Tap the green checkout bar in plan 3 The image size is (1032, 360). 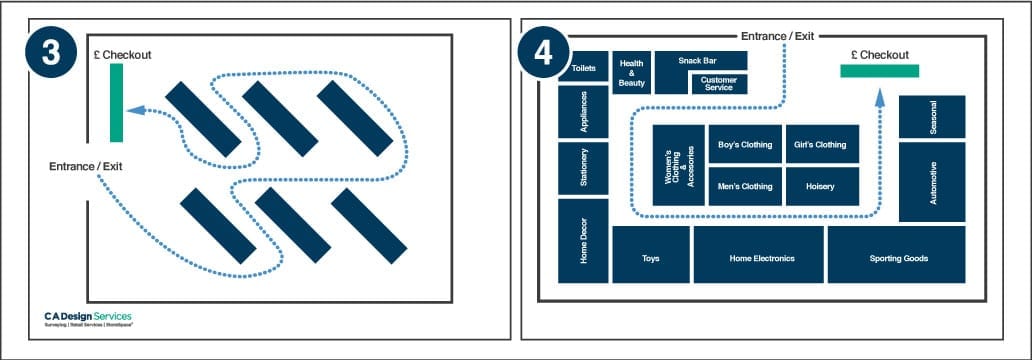(x=116, y=102)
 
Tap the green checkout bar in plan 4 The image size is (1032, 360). (x=879, y=70)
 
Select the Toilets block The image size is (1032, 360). (x=583, y=68)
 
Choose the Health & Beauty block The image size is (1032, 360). (x=631, y=73)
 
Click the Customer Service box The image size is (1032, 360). (x=718, y=84)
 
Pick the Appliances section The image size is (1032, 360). (x=583, y=112)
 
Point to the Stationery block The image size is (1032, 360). (x=583, y=167)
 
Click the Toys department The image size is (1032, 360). (x=650, y=257)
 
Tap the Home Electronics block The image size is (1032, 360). (x=761, y=257)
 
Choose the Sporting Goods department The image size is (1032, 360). (x=897, y=257)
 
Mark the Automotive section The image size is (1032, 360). (x=932, y=182)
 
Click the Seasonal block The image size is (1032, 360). (x=932, y=117)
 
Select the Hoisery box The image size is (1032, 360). (x=821, y=186)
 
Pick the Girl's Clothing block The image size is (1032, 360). (x=821, y=144)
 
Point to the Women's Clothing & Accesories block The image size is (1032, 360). (x=679, y=166)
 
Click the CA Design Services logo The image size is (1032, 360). (x=87, y=319)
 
